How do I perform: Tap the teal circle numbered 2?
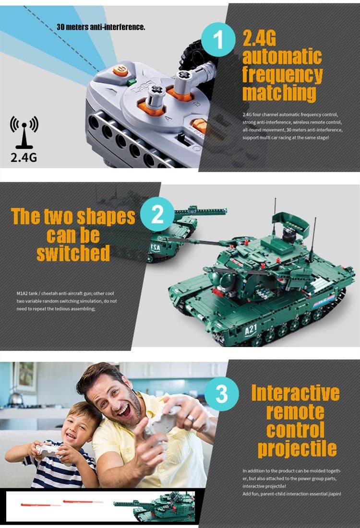[x=158, y=216]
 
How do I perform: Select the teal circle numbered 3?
[x=221, y=395]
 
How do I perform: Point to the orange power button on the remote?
[x=120, y=71]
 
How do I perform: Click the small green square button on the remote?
[x=131, y=82]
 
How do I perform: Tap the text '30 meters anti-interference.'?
[x=101, y=27]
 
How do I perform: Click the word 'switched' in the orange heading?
[x=73, y=253]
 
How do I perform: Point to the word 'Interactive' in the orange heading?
[x=295, y=393]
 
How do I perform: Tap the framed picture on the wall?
[x=24, y=377]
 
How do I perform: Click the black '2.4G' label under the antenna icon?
[x=24, y=157]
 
